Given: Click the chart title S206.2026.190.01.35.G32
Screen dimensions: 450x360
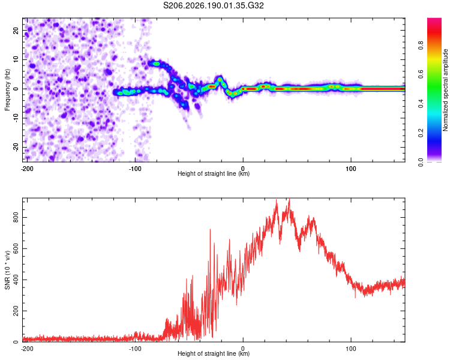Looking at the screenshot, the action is point(213,5).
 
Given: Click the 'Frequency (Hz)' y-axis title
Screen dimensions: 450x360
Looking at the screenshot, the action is point(7,90).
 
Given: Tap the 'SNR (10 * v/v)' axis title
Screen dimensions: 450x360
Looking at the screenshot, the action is point(7,270).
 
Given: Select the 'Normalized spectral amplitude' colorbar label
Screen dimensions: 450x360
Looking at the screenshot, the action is point(445,90).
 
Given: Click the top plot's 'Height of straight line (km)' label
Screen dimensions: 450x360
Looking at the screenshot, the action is point(214,173).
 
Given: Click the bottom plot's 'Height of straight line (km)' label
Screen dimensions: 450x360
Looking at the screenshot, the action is point(214,353).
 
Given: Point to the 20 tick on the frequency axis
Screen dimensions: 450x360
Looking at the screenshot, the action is point(16,31).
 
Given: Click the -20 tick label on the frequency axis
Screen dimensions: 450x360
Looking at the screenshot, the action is point(16,148).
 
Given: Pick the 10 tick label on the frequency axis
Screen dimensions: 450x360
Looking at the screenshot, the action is point(16,60).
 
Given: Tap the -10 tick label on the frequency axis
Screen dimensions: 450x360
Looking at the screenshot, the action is point(16,118).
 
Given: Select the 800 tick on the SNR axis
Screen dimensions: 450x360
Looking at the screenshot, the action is point(16,218).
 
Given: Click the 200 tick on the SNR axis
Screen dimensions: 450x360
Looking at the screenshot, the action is point(16,311).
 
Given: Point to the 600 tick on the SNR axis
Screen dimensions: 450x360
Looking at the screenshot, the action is point(16,248).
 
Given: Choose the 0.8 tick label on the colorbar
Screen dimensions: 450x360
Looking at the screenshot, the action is point(421,46).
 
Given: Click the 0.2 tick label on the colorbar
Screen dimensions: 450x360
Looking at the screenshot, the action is point(421,133).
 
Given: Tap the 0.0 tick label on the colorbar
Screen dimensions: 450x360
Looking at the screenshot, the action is point(421,163).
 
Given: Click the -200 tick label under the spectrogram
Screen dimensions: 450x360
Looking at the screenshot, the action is point(27,169).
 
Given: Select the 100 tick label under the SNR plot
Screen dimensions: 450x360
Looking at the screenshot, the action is point(351,349).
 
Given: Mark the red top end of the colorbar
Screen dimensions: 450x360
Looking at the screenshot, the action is point(434,19).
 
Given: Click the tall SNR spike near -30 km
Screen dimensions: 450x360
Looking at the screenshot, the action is point(210,229).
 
